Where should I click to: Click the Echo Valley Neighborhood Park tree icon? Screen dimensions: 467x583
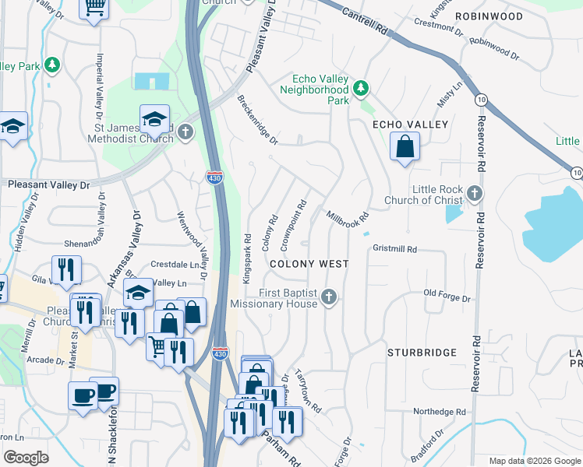(x=361, y=88)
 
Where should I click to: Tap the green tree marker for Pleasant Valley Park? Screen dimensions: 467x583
(x=52, y=65)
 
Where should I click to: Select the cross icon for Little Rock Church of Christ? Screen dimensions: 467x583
(x=475, y=193)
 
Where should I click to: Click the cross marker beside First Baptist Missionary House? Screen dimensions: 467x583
(x=329, y=297)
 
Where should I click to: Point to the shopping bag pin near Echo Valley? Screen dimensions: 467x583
(x=405, y=146)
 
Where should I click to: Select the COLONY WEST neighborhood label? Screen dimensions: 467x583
(x=309, y=264)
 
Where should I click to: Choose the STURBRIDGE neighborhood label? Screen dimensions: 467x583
(x=422, y=353)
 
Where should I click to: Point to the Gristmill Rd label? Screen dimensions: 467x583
(x=396, y=249)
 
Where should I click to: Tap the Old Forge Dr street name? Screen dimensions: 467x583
(x=447, y=297)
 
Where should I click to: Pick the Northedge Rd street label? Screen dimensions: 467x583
(x=439, y=412)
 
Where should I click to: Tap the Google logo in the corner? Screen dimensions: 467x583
(x=26, y=458)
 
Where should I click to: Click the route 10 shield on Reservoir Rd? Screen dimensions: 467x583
(x=481, y=99)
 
